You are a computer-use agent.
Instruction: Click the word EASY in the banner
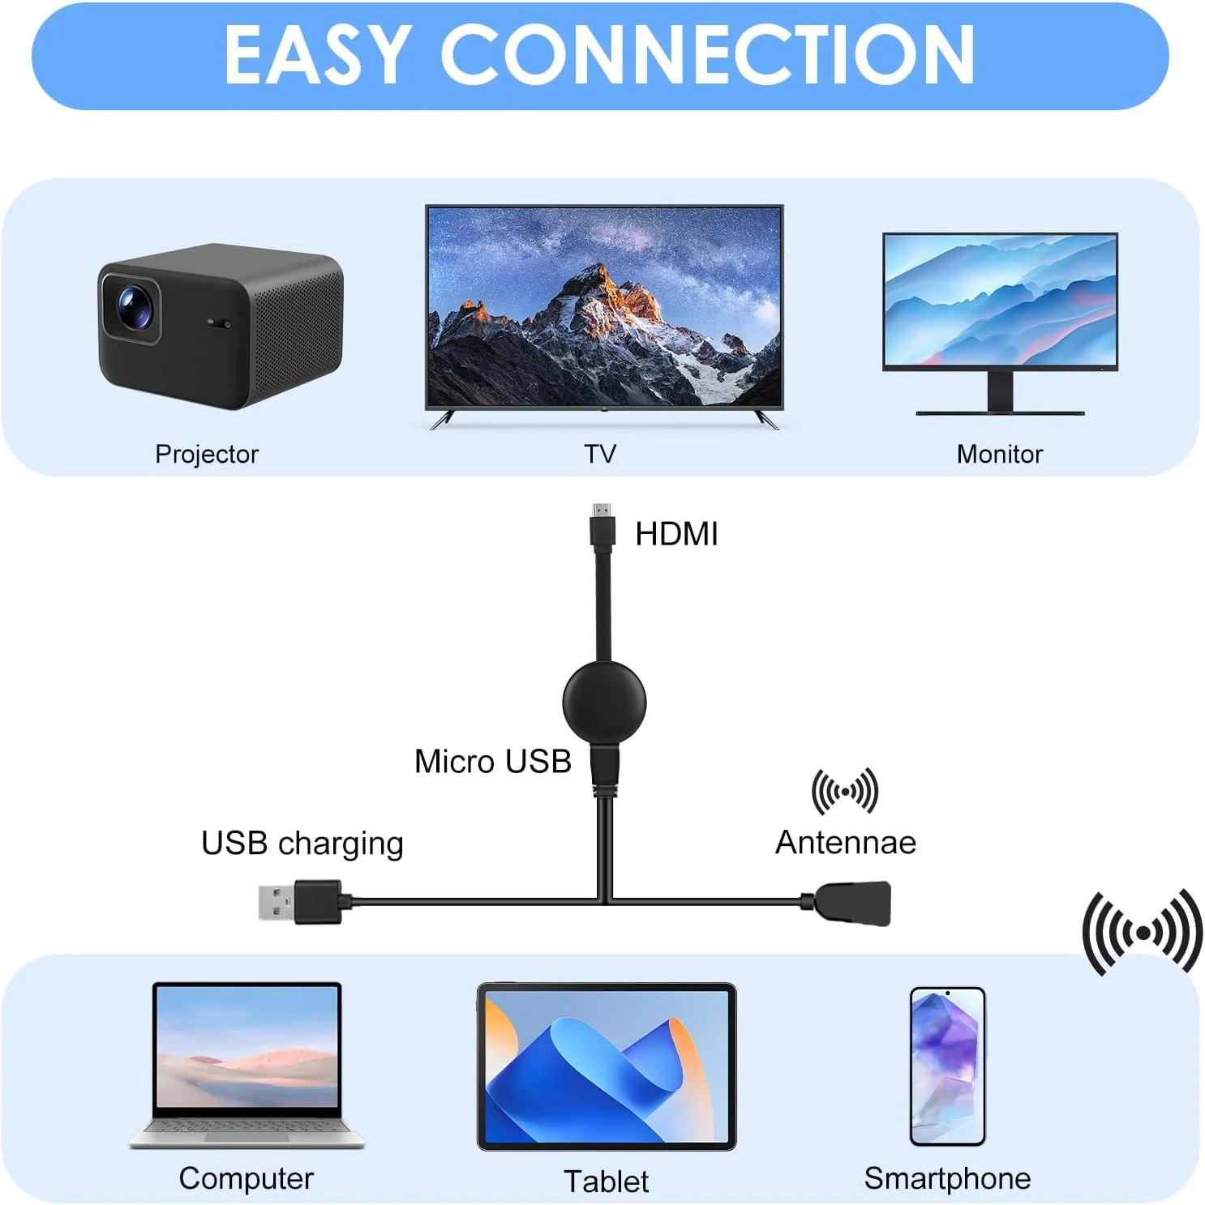pos(315,55)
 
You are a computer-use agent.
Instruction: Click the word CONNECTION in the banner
pos(707,55)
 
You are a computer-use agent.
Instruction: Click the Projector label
pos(207,455)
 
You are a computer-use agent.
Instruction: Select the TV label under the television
pos(600,454)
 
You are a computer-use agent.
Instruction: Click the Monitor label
pos(999,455)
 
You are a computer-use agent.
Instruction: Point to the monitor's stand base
pos(1000,412)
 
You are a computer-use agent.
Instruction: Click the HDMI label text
pos(676,534)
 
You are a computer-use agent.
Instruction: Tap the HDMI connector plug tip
pos(602,511)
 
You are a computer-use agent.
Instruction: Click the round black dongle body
pos(604,702)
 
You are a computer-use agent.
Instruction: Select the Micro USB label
pos(492,762)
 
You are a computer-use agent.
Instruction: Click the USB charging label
pos(302,844)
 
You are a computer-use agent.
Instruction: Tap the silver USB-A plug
pos(276,902)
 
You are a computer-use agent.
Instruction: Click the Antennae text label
pos(845,843)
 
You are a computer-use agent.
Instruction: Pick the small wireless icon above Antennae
pos(844,791)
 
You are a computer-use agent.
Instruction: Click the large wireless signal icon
pos(1142,934)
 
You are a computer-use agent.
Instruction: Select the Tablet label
pos(606,1181)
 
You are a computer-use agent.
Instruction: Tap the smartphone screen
pos(947,1065)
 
